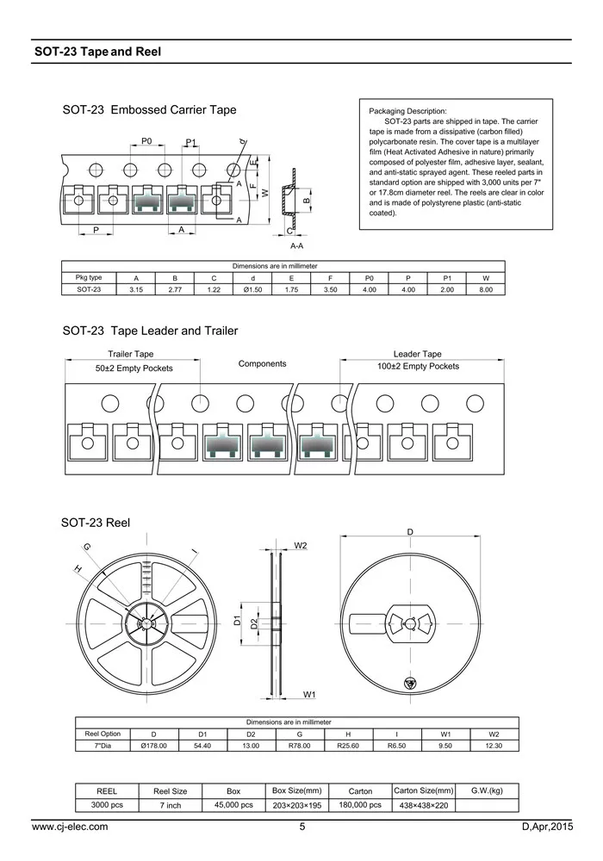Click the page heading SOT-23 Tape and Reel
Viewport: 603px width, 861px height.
tap(97, 52)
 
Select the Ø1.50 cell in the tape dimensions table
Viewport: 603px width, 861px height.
tap(252, 290)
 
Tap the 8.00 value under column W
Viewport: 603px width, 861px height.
tap(486, 290)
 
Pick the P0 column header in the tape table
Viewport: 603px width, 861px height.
tap(370, 278)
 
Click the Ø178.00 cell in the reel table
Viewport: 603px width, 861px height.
tap(153, 746)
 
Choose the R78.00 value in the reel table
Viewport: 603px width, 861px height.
tap(299, 746)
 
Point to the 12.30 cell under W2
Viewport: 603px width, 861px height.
tap(494, 746)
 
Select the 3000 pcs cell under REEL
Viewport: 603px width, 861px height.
tap(107, 805)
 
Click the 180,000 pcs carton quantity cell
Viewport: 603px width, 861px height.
tap(360, 805)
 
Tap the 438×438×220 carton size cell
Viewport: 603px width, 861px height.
tap(423, 805)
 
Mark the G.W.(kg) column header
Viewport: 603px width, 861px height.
tap(487, 790)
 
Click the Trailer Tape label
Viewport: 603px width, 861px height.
tap(131, 354)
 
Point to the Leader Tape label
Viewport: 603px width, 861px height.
tap(417, 354)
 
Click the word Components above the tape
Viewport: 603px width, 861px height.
tap(262, 363)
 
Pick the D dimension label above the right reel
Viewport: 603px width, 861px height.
tap(410, 533)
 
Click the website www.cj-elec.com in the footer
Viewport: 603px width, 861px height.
tap(70, 827)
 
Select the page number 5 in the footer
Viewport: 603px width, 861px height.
tap(302, 827)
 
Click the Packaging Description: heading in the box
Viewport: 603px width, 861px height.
tap(407, 112)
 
